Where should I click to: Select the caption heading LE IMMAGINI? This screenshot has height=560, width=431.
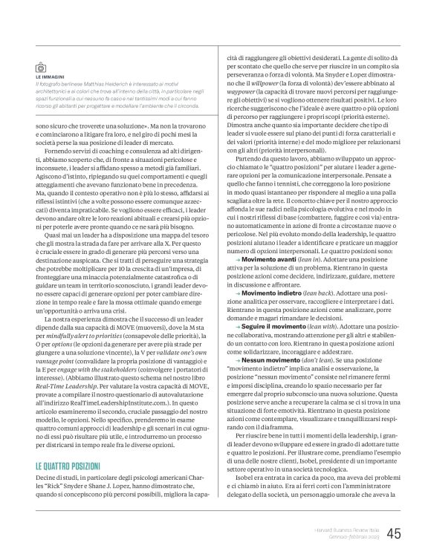tap(51, 76)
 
